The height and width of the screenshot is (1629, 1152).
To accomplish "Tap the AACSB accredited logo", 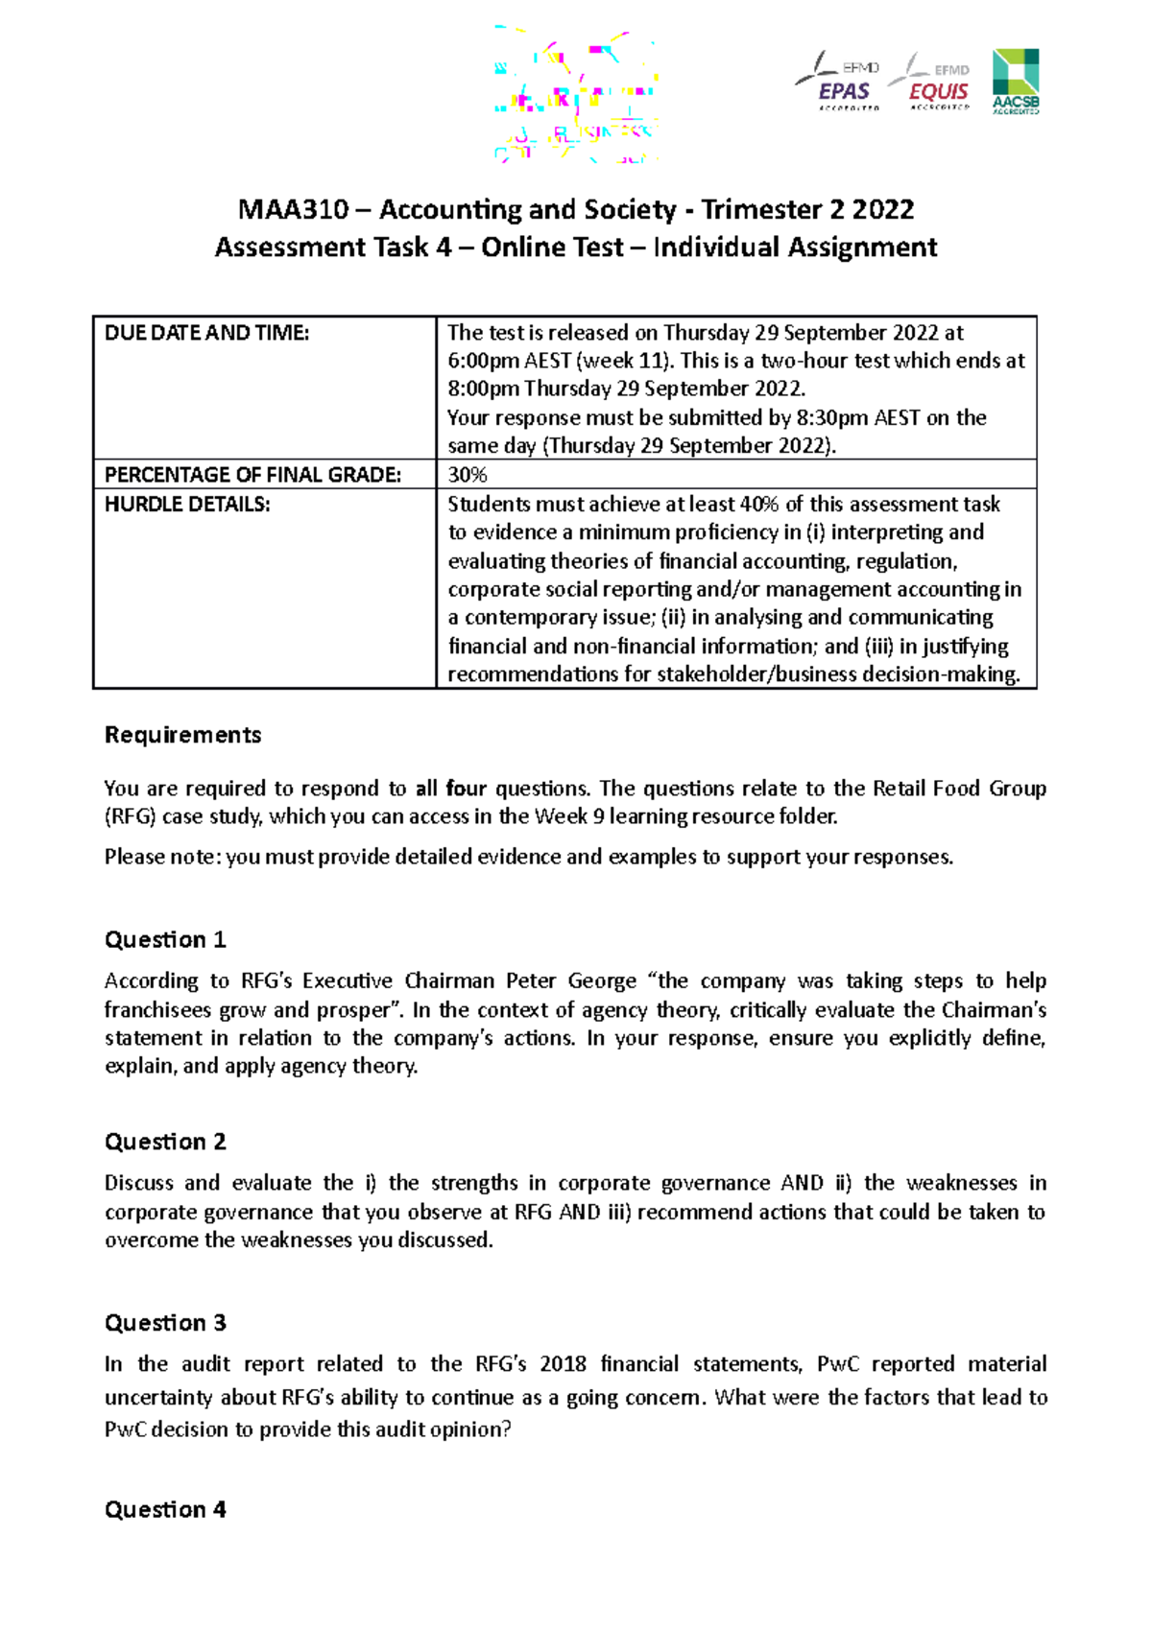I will click(x=1015, y=83).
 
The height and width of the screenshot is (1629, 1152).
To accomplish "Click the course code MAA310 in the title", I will click(x=293, y=209).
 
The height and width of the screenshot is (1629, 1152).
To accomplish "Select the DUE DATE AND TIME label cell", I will click(x=206, y=333).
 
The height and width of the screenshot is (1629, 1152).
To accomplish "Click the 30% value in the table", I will click(x=468, y=475).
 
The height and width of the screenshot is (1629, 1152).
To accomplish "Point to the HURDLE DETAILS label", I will click(x=187, y=505).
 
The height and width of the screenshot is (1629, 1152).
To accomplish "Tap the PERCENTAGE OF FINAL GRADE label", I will click(x=252, y=475).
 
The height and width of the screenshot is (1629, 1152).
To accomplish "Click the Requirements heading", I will click(x=182, y=735).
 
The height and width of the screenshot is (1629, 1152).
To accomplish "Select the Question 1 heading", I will click(x=165, y=939).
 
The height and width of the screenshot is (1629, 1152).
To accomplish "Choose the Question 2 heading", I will click(x=165, y=1142).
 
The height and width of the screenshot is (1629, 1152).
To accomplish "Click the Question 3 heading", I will click(x=165, y=1323).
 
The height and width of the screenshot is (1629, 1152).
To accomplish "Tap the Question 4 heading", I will click(x=165, y=1509).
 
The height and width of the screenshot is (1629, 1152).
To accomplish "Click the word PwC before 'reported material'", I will click(x=837, y=1364).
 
